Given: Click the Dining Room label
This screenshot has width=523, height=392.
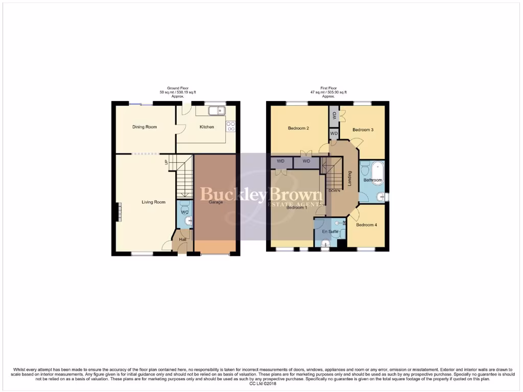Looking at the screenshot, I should click(x=145, y=127).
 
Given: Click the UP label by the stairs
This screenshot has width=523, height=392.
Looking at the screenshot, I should click(x=167, y=163).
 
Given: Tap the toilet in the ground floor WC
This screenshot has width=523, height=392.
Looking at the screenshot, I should click(x=188, y=220).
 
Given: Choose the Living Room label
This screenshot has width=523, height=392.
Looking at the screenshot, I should click(x=153, y=202).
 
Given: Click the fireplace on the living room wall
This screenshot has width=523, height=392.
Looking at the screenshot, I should click(x=119, y=212).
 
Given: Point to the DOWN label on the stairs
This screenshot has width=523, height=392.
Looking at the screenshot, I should click(x=335, y=191).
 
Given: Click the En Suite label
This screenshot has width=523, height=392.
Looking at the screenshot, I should click(x=329, y=232).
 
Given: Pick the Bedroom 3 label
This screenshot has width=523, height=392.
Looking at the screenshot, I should click(x=364, y=130).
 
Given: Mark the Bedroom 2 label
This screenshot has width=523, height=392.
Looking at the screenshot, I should click(x=298, y=128).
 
